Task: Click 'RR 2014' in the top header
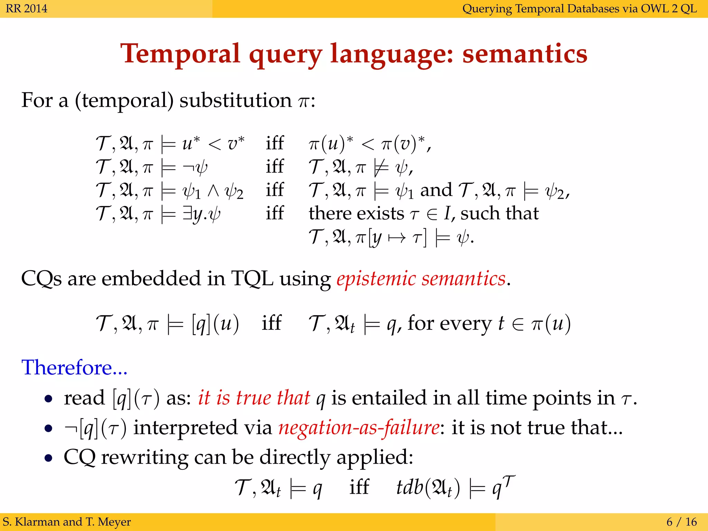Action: [27, 8]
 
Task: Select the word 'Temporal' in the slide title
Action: [180, 54]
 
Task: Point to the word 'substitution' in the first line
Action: [235, 101]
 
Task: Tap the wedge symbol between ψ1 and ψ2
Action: [213, 191]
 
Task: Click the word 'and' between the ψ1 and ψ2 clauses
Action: [436, 190]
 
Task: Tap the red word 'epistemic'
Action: [376, 279]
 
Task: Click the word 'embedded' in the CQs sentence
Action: [151, 278]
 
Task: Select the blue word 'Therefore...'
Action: [74, 367]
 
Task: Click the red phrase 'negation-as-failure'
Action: [359, 428]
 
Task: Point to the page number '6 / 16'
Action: [681, 522]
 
